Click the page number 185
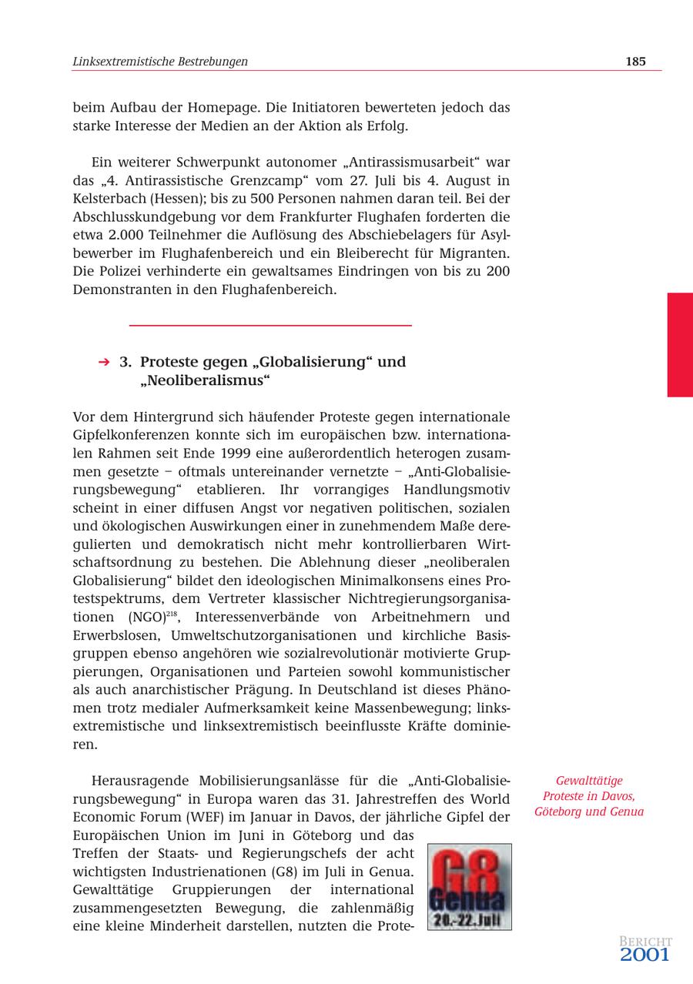pos(635,62)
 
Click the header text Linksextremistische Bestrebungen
pos(160,62)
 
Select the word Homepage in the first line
pos(251,108)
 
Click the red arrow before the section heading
pos(104,362)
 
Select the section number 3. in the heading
pos(126,362)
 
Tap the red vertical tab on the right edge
pos(680,344)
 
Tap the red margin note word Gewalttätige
pos(589,781)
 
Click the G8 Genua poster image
pos(470,886)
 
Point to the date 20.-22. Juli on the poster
pos(470,919)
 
